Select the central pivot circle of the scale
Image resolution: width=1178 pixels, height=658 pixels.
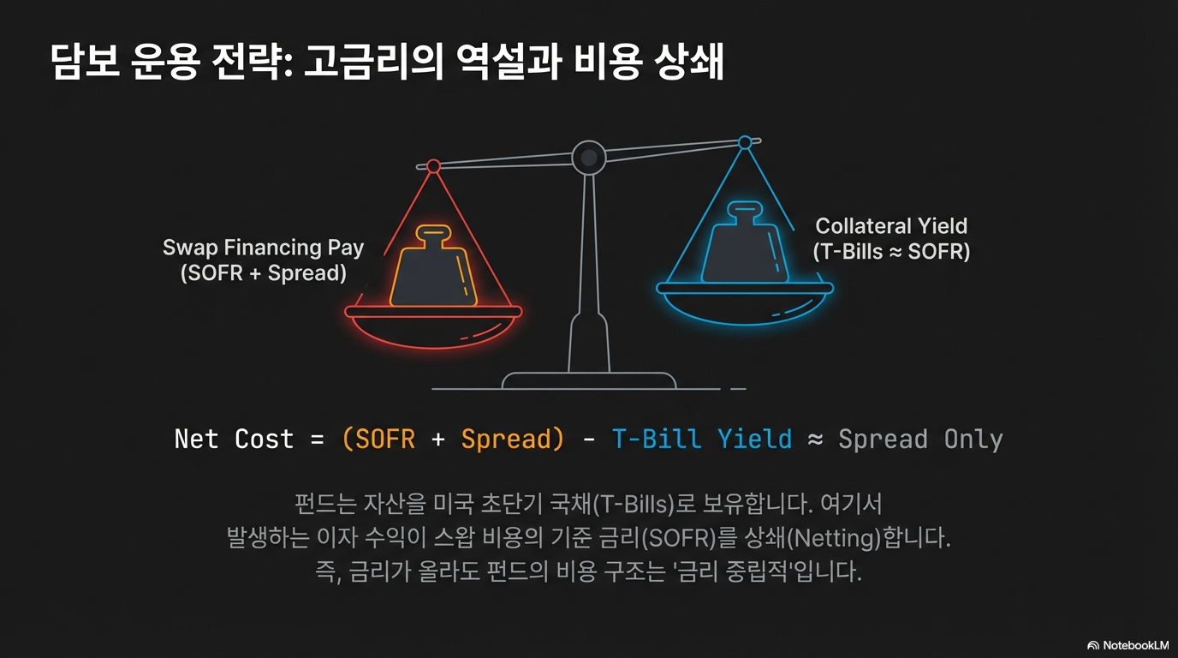tap(589, 157)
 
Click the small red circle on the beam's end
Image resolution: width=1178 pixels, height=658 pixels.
tap(433, 165)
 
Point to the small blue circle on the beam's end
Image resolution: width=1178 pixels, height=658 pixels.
tap(745, 142)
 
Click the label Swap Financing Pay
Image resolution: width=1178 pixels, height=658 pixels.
tap(264, 248)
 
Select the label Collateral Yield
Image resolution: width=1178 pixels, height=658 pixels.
tap(891, 226)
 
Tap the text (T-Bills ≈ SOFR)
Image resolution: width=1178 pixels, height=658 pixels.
tap(891, 252)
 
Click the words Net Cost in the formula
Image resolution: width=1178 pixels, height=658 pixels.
tap(234, 439)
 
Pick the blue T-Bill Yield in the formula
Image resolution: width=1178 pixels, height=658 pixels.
tap(702, 439)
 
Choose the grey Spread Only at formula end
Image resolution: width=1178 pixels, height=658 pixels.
tap(920, 439)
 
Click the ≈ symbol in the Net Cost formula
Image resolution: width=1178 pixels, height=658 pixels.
tap(815, 440)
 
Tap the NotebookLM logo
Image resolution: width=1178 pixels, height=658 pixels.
tap(1127, 645)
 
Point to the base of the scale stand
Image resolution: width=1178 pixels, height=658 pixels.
tap(589, 380)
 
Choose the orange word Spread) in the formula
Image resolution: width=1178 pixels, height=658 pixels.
tap(513, 439)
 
